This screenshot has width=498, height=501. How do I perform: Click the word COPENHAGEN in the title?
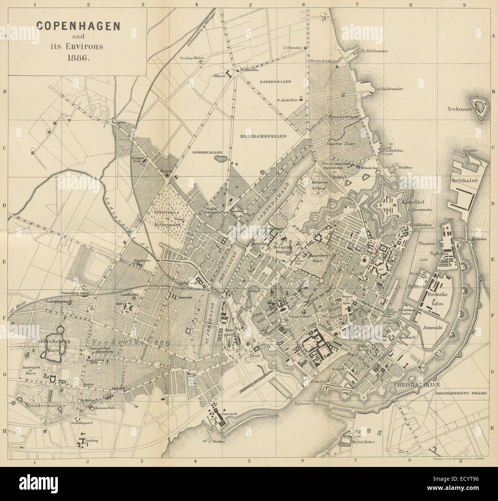click(78, 26)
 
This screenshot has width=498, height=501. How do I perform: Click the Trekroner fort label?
click(460, 109)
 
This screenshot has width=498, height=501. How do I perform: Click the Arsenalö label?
click(433, 328)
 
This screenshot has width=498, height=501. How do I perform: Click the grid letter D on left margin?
click(5, 206)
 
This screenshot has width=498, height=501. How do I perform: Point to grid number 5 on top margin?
click(250, 5)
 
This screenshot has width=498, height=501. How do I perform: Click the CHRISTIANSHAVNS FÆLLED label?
click(460, 393)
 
